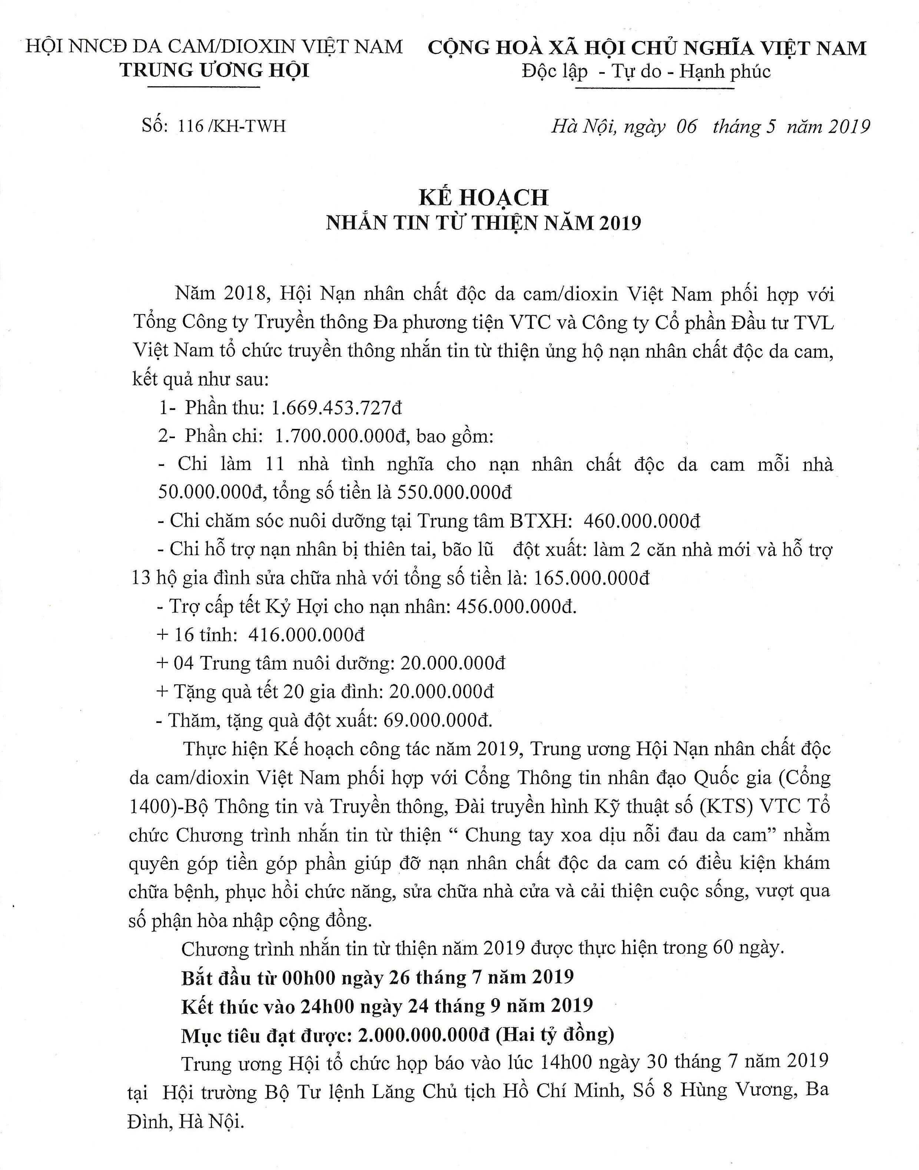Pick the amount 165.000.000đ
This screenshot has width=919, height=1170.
591,578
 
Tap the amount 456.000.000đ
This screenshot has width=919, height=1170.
515,607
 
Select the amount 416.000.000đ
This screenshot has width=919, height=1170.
306,635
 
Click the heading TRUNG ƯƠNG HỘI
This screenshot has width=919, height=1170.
215,70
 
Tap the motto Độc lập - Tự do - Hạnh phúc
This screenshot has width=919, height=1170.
646,71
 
